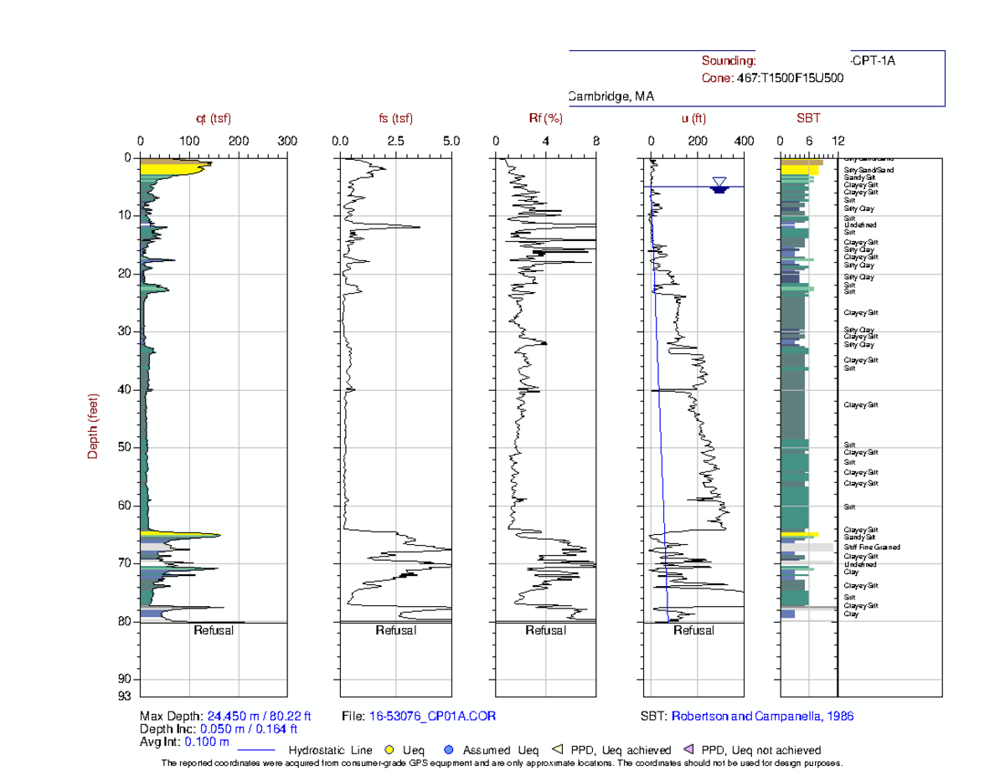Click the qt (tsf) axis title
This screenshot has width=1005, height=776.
pos(214,119)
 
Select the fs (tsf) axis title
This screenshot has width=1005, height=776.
pos(396,119)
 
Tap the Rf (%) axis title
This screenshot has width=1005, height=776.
pos(545,119)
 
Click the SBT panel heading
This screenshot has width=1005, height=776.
pos(808,119)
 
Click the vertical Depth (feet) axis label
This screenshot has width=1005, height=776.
pos(94,426)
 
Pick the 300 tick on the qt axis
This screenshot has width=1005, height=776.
pos(287,141)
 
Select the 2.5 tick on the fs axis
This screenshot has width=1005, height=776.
pos(396,141)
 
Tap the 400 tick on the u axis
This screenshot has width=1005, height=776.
pos(743,141)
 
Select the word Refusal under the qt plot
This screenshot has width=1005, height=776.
pos(214,630)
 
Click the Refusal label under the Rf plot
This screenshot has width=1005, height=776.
pos(545,630)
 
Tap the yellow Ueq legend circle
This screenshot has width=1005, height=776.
pos(389,750)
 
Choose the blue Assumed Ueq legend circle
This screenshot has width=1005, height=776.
pos(450,750)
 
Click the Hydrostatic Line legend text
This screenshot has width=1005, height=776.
pos(331,750)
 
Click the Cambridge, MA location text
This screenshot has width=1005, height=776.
pos(611,97)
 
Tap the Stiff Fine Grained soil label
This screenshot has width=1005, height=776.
pos(872,547)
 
